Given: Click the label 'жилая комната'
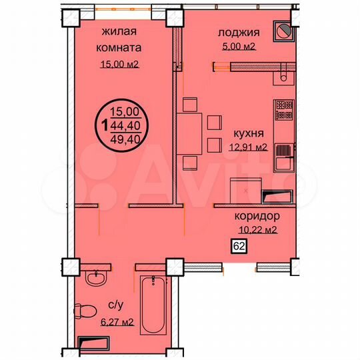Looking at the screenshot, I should [121, 39].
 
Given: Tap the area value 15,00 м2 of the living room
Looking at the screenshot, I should [120, 64].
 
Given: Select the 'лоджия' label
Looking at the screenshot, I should [238, 32].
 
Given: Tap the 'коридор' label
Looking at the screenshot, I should [257, 217].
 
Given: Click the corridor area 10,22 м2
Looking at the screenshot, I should [257, 231].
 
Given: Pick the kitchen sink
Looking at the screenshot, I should [283, 159].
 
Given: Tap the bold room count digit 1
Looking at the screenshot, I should [105, 125].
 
